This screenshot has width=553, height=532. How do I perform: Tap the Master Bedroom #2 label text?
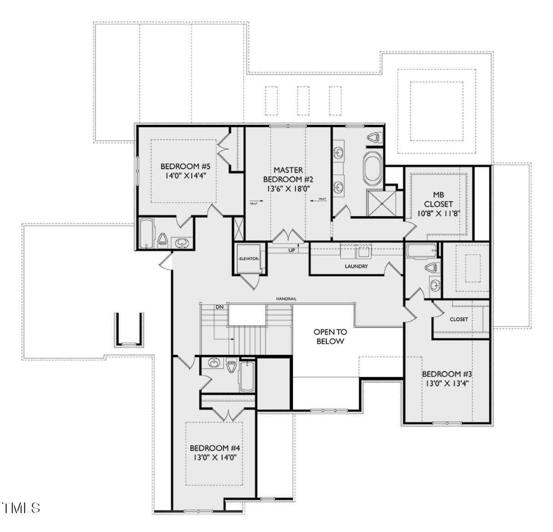click(288, 175)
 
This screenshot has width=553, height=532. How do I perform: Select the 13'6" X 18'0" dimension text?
click(288, 188)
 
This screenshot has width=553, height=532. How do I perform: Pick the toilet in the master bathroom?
click(374, 137)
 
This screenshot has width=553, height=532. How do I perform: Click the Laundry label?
click(356, 266)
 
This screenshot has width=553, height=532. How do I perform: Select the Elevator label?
click(248, 259)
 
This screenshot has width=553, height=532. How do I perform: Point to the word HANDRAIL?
click(286, 299)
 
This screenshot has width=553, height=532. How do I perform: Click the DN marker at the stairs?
click(219, 307)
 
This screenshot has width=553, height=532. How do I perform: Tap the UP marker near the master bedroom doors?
click(291, 250)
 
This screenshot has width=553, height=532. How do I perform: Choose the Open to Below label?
click(330, 337)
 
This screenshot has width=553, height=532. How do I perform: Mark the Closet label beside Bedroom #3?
click(459, 319)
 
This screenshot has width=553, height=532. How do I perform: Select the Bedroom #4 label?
click(215, 448)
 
